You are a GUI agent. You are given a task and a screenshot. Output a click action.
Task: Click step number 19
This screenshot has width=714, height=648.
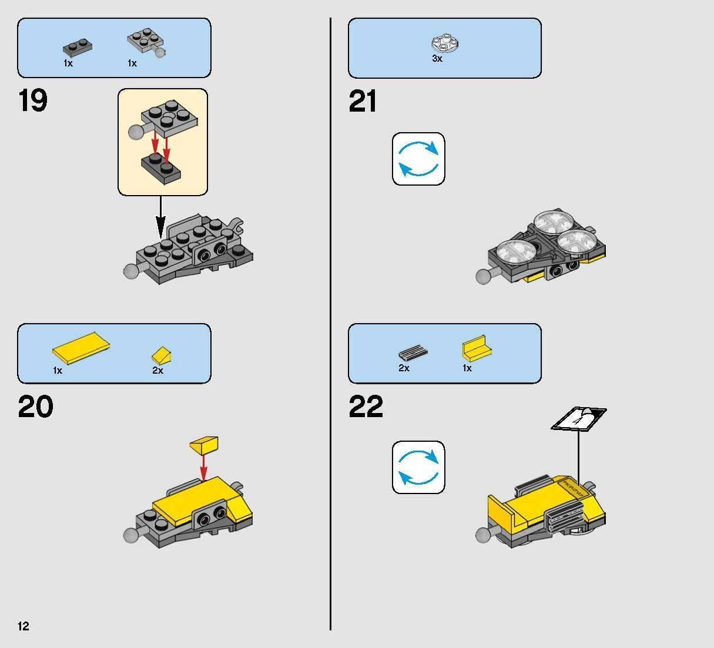point(32,100)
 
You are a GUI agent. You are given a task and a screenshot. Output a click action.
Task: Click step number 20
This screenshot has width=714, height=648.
point(36,407)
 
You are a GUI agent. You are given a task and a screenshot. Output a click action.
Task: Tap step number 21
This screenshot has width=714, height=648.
point(363,101)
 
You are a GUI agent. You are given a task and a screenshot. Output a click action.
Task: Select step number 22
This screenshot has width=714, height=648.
point(366,407)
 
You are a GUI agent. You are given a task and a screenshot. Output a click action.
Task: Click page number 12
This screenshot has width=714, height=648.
point(24,626)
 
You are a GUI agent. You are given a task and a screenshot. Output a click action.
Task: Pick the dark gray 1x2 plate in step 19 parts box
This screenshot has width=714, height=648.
point(78,48)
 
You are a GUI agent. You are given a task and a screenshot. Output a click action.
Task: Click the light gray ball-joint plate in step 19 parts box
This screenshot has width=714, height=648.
point(147,43)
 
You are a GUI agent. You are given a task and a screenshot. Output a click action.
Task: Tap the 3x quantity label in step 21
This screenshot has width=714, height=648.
point(437,58)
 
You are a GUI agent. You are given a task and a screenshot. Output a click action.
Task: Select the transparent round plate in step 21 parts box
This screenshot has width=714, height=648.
point(445,44)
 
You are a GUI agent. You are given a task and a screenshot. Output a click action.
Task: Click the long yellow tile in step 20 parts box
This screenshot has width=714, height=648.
point(81,348)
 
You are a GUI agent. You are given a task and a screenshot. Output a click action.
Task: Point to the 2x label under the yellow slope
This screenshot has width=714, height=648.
point(157,371)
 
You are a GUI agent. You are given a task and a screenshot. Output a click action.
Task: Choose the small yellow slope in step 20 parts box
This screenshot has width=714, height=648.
point(162,355)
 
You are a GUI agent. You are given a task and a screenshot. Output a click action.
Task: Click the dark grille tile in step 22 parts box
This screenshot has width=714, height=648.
point(413,352)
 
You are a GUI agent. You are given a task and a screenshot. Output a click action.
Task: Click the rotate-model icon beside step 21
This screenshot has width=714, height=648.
point(418,159)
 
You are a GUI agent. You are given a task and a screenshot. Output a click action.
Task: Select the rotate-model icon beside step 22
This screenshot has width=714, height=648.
point(418,467)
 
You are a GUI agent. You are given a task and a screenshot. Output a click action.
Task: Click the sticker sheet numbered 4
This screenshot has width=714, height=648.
point(579,419)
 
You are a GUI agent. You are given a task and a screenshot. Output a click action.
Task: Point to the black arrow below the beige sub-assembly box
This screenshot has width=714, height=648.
point(160,217)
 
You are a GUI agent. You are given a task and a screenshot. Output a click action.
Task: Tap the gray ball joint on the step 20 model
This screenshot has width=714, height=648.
point(130,536)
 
